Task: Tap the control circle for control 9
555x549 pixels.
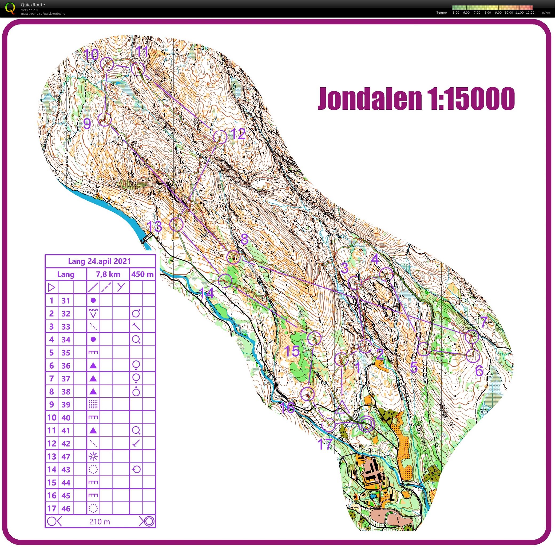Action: click(104, 120)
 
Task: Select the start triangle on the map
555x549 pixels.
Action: click(342, 407)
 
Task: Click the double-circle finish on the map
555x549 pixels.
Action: click(367, 424)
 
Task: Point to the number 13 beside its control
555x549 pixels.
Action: click(154, 227)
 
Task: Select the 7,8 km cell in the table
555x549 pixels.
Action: click(108, 274)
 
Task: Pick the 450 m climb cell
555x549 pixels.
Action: click(142, 274)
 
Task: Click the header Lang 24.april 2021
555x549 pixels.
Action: click(100, 261)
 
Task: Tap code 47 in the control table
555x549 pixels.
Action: click(66, 456)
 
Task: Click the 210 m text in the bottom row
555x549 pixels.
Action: click(100, 522)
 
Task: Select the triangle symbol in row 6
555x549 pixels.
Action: click(93, 365)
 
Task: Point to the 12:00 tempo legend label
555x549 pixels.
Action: click(530, 13)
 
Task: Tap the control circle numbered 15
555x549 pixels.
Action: click(314, 338)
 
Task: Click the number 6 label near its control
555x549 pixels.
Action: click(479, 371)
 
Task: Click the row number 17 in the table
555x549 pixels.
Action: click(52, 508)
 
